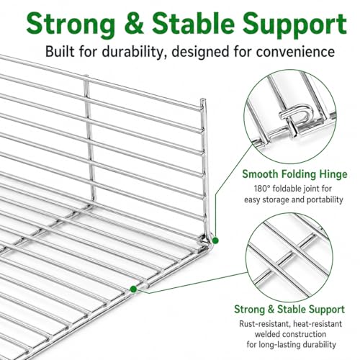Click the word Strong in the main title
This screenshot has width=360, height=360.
coord(71,24)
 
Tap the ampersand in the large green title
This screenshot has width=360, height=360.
coord(134,24)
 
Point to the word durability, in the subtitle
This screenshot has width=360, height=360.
coord(132,52)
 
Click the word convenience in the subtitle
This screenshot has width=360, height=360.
coord(295,52)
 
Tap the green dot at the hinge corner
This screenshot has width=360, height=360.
coord(215,240)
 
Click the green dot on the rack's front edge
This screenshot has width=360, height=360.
coord(133,289)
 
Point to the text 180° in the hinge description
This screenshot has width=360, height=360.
coord(261,189)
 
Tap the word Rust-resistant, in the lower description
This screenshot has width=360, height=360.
coord(264,324)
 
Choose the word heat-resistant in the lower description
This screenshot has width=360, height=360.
coord(318,324)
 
